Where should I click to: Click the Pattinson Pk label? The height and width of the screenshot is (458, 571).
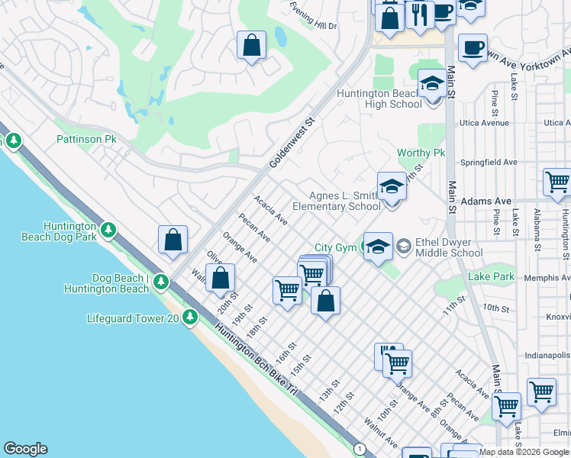[85, 140]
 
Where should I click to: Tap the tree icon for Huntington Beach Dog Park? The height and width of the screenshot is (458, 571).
[108, 229]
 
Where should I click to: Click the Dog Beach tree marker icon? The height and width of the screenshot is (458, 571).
[160, 282]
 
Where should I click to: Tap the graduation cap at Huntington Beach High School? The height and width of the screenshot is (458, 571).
[432, 84]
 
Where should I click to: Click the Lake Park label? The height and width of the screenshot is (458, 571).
[492, 276]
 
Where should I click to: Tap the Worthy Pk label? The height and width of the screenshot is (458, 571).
[421, 153]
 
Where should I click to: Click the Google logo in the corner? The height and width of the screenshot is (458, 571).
[25, 449]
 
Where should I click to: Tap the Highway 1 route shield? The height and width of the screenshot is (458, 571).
[359, 447]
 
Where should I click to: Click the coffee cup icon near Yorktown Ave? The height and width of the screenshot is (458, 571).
[473, 47]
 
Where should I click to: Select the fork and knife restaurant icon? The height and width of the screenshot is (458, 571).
[419, 15]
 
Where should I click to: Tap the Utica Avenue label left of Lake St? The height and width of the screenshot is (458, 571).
[483, 123]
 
